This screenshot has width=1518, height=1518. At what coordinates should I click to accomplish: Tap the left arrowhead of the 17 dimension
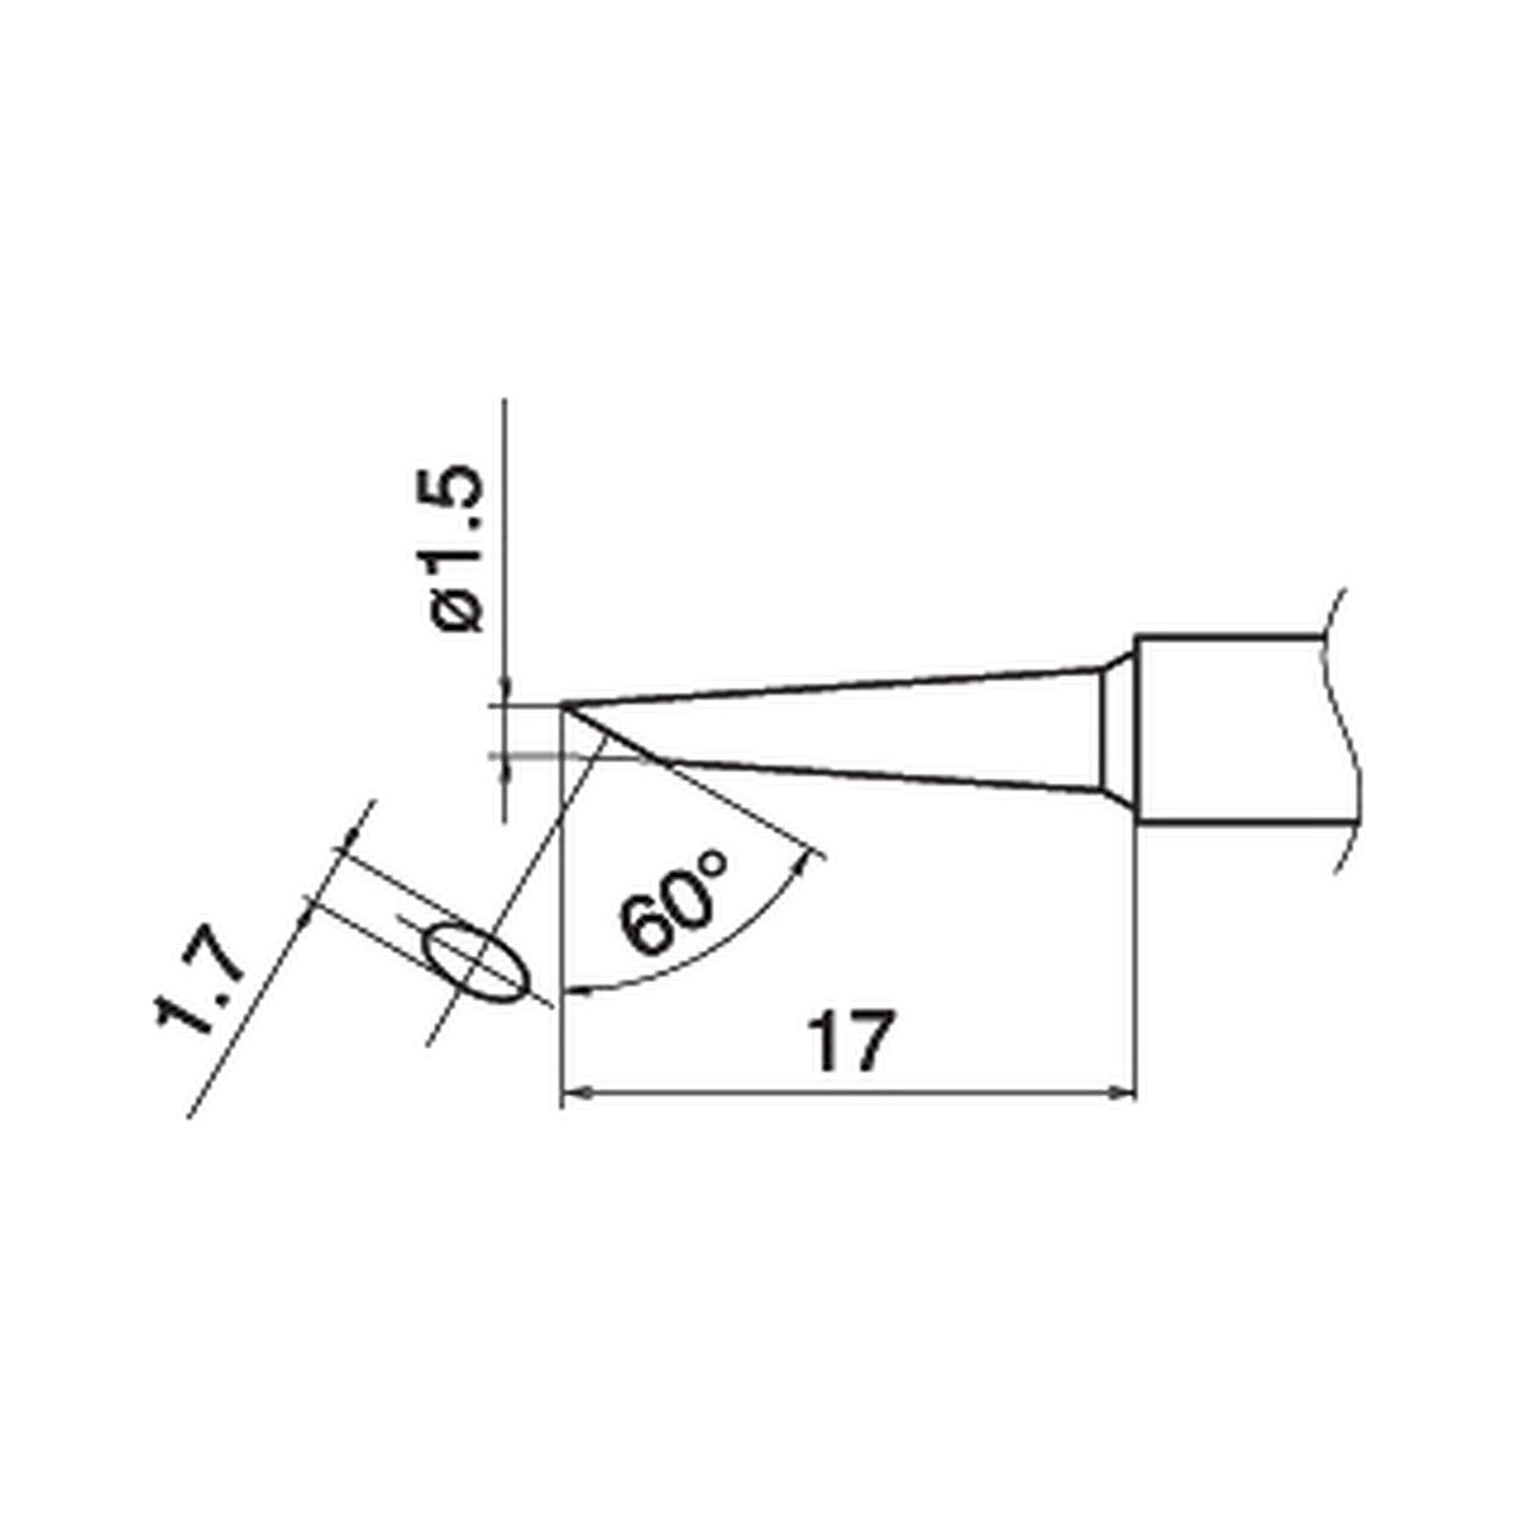[x=576, y=1093]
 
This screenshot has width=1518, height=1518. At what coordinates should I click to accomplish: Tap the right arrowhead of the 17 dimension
[x=1125, y=1093]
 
